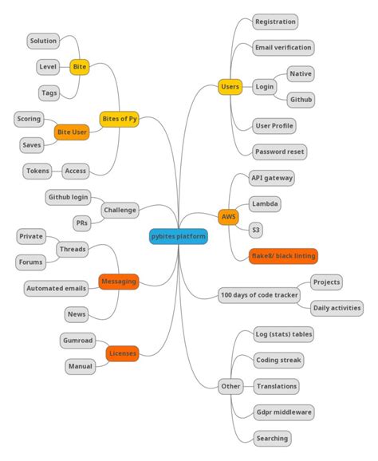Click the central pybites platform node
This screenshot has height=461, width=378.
tap(179, 237)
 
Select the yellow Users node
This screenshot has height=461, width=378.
tap(230, 87)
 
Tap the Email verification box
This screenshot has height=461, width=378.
tap(282, 48)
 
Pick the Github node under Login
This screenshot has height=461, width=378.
tap(301, 100)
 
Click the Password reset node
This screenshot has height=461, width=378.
tap(279, 152)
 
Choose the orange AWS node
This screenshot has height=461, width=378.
tap(228, 217)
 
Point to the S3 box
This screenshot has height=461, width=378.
tap(255, 230)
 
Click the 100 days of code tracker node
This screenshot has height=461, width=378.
tap(259, 296)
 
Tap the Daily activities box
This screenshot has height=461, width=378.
tap(337, 308)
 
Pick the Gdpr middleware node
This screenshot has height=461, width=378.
tap(284, 412)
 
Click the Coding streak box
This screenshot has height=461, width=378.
tap(278, 361)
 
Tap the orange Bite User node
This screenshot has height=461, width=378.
tap(72, 132)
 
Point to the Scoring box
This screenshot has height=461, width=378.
tap(29, 120)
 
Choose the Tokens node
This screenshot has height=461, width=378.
tap(37, 171)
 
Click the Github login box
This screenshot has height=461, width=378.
tap(69, 197)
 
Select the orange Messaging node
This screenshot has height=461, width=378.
tap(118, 282)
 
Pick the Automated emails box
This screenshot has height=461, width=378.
tap(56, 289)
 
